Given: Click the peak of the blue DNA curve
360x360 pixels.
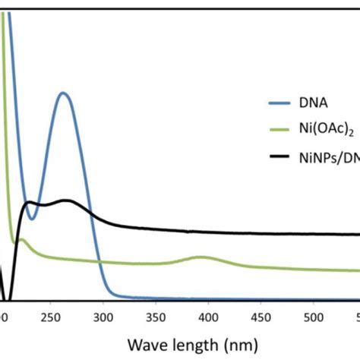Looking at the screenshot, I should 63,93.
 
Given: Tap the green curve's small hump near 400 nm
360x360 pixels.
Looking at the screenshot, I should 201,257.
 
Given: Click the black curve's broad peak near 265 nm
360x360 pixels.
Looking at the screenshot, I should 68,201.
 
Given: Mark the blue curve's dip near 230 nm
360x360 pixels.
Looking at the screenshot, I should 32,219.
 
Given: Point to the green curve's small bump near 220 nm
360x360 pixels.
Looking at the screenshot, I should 21,240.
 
